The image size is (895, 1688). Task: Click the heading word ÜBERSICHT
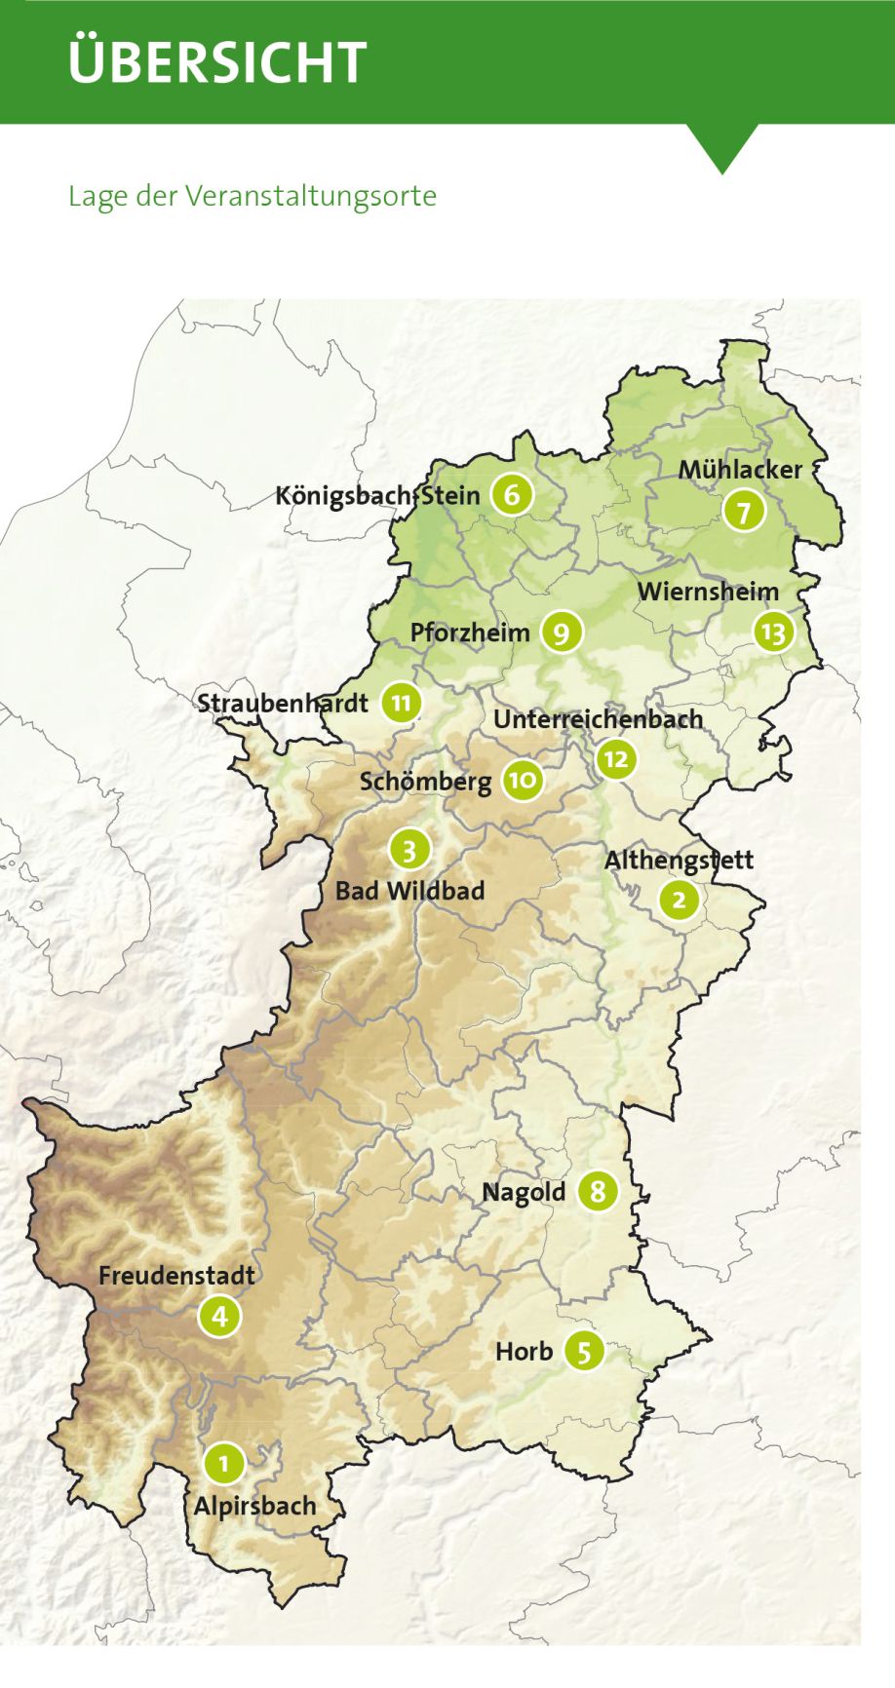[x=217, y=61]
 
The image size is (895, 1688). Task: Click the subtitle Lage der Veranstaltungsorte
[x=252, y=196]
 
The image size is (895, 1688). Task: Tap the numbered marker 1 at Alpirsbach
[x=224, y=1463]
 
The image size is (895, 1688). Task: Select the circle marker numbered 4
[x=219, y=1317]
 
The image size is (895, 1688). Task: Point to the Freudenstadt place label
[x=176, y=1275]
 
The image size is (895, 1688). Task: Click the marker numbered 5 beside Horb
[x=583, y=1351]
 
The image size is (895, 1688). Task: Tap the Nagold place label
[x=524, y=1192]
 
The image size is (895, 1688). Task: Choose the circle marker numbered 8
[x=598, y=1190]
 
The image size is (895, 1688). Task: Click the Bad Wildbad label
[x=409, y=890]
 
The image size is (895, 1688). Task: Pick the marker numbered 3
[x=409, y=850]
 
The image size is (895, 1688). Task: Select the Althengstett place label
[x=679, y=860]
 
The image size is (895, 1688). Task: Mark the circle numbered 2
[x=679, y=900]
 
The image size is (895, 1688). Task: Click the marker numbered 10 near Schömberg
[x=523, y=780]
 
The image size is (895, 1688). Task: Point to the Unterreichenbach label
[x=598, y=719]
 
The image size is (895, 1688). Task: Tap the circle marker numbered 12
[x=616, y=759]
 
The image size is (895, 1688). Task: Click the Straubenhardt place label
[x=283, y=703]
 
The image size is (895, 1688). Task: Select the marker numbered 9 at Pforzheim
[x=561, y=633]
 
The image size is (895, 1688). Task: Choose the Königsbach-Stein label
[x=377, y=495]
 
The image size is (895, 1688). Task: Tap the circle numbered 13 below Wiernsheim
[x=773, y=633]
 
